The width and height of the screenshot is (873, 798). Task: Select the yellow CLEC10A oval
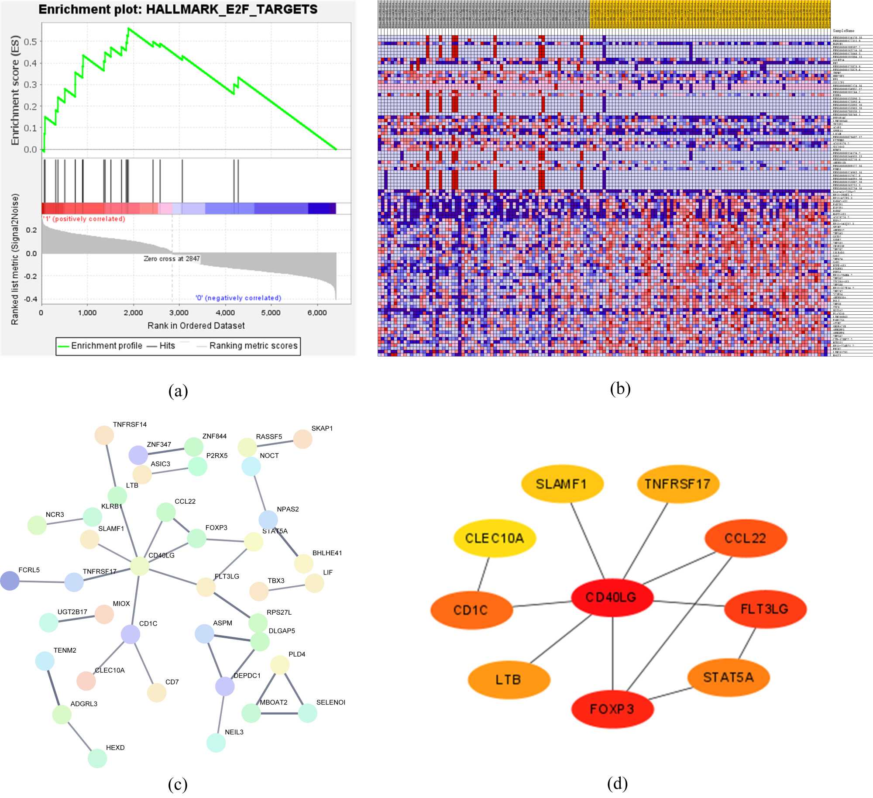pos(495,538)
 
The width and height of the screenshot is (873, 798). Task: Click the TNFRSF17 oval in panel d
pos(677,484)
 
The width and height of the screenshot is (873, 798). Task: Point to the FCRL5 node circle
pos(10,581)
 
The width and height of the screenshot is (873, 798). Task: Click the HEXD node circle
pos(97,758)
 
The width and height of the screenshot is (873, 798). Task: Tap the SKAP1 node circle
pos(302,439)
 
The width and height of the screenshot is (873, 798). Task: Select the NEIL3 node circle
pos(216,743)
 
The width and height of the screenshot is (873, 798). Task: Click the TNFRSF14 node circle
pos(104,435)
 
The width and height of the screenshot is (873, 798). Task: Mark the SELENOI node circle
pos(308,713)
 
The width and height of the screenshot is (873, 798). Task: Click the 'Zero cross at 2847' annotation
pos(172,259)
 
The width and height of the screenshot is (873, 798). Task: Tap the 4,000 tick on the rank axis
pos(225,313)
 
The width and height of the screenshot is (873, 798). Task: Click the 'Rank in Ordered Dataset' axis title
pos(196,326)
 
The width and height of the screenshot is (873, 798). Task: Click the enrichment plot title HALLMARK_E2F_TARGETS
pos(178,10)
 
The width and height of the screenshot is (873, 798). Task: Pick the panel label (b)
pos(620,388)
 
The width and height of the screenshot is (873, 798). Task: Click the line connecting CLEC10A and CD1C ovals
pos(484,574)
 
